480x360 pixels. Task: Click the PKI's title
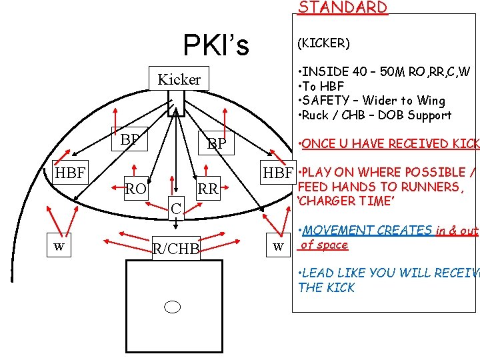click(216, 45)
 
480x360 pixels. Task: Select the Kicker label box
click(179, 79)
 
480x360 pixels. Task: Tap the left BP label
click(129, 139)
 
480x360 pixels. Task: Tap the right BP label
click(216, 143)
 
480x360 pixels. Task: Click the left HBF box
click(69, 173)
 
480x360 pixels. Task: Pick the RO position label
click(136, 189)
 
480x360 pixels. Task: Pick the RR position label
click(208, 189)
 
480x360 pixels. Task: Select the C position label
click(175, 209)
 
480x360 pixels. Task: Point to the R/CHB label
click(176, 249)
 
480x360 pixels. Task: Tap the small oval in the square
click(173, 307)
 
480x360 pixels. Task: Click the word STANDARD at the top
click(342, 7)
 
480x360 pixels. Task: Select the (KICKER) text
click(323, 43)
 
